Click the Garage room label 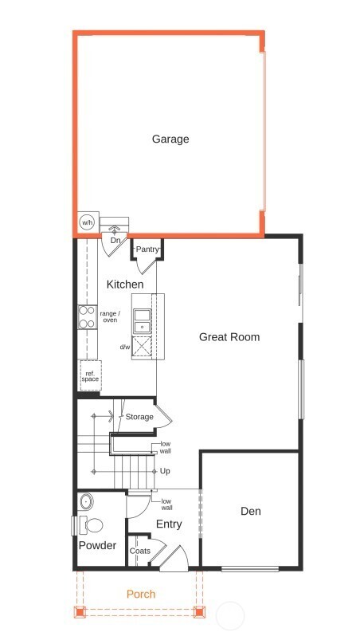point(170,139)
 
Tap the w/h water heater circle point(86,222)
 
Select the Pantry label point(147,249)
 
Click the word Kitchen point(125,285)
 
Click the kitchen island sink point(142,320)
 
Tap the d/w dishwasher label point(125,347)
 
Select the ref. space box point(90,375)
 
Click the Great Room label point(229,337)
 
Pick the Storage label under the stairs point(139,417)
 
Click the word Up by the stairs point(165,471)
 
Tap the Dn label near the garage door point(115,240)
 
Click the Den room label point(250,512)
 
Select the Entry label point(169,524)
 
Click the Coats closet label point(140,550)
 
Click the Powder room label point(97,546)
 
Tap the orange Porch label point(141,594)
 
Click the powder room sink point(87,501)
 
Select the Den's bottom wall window point(249,568)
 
